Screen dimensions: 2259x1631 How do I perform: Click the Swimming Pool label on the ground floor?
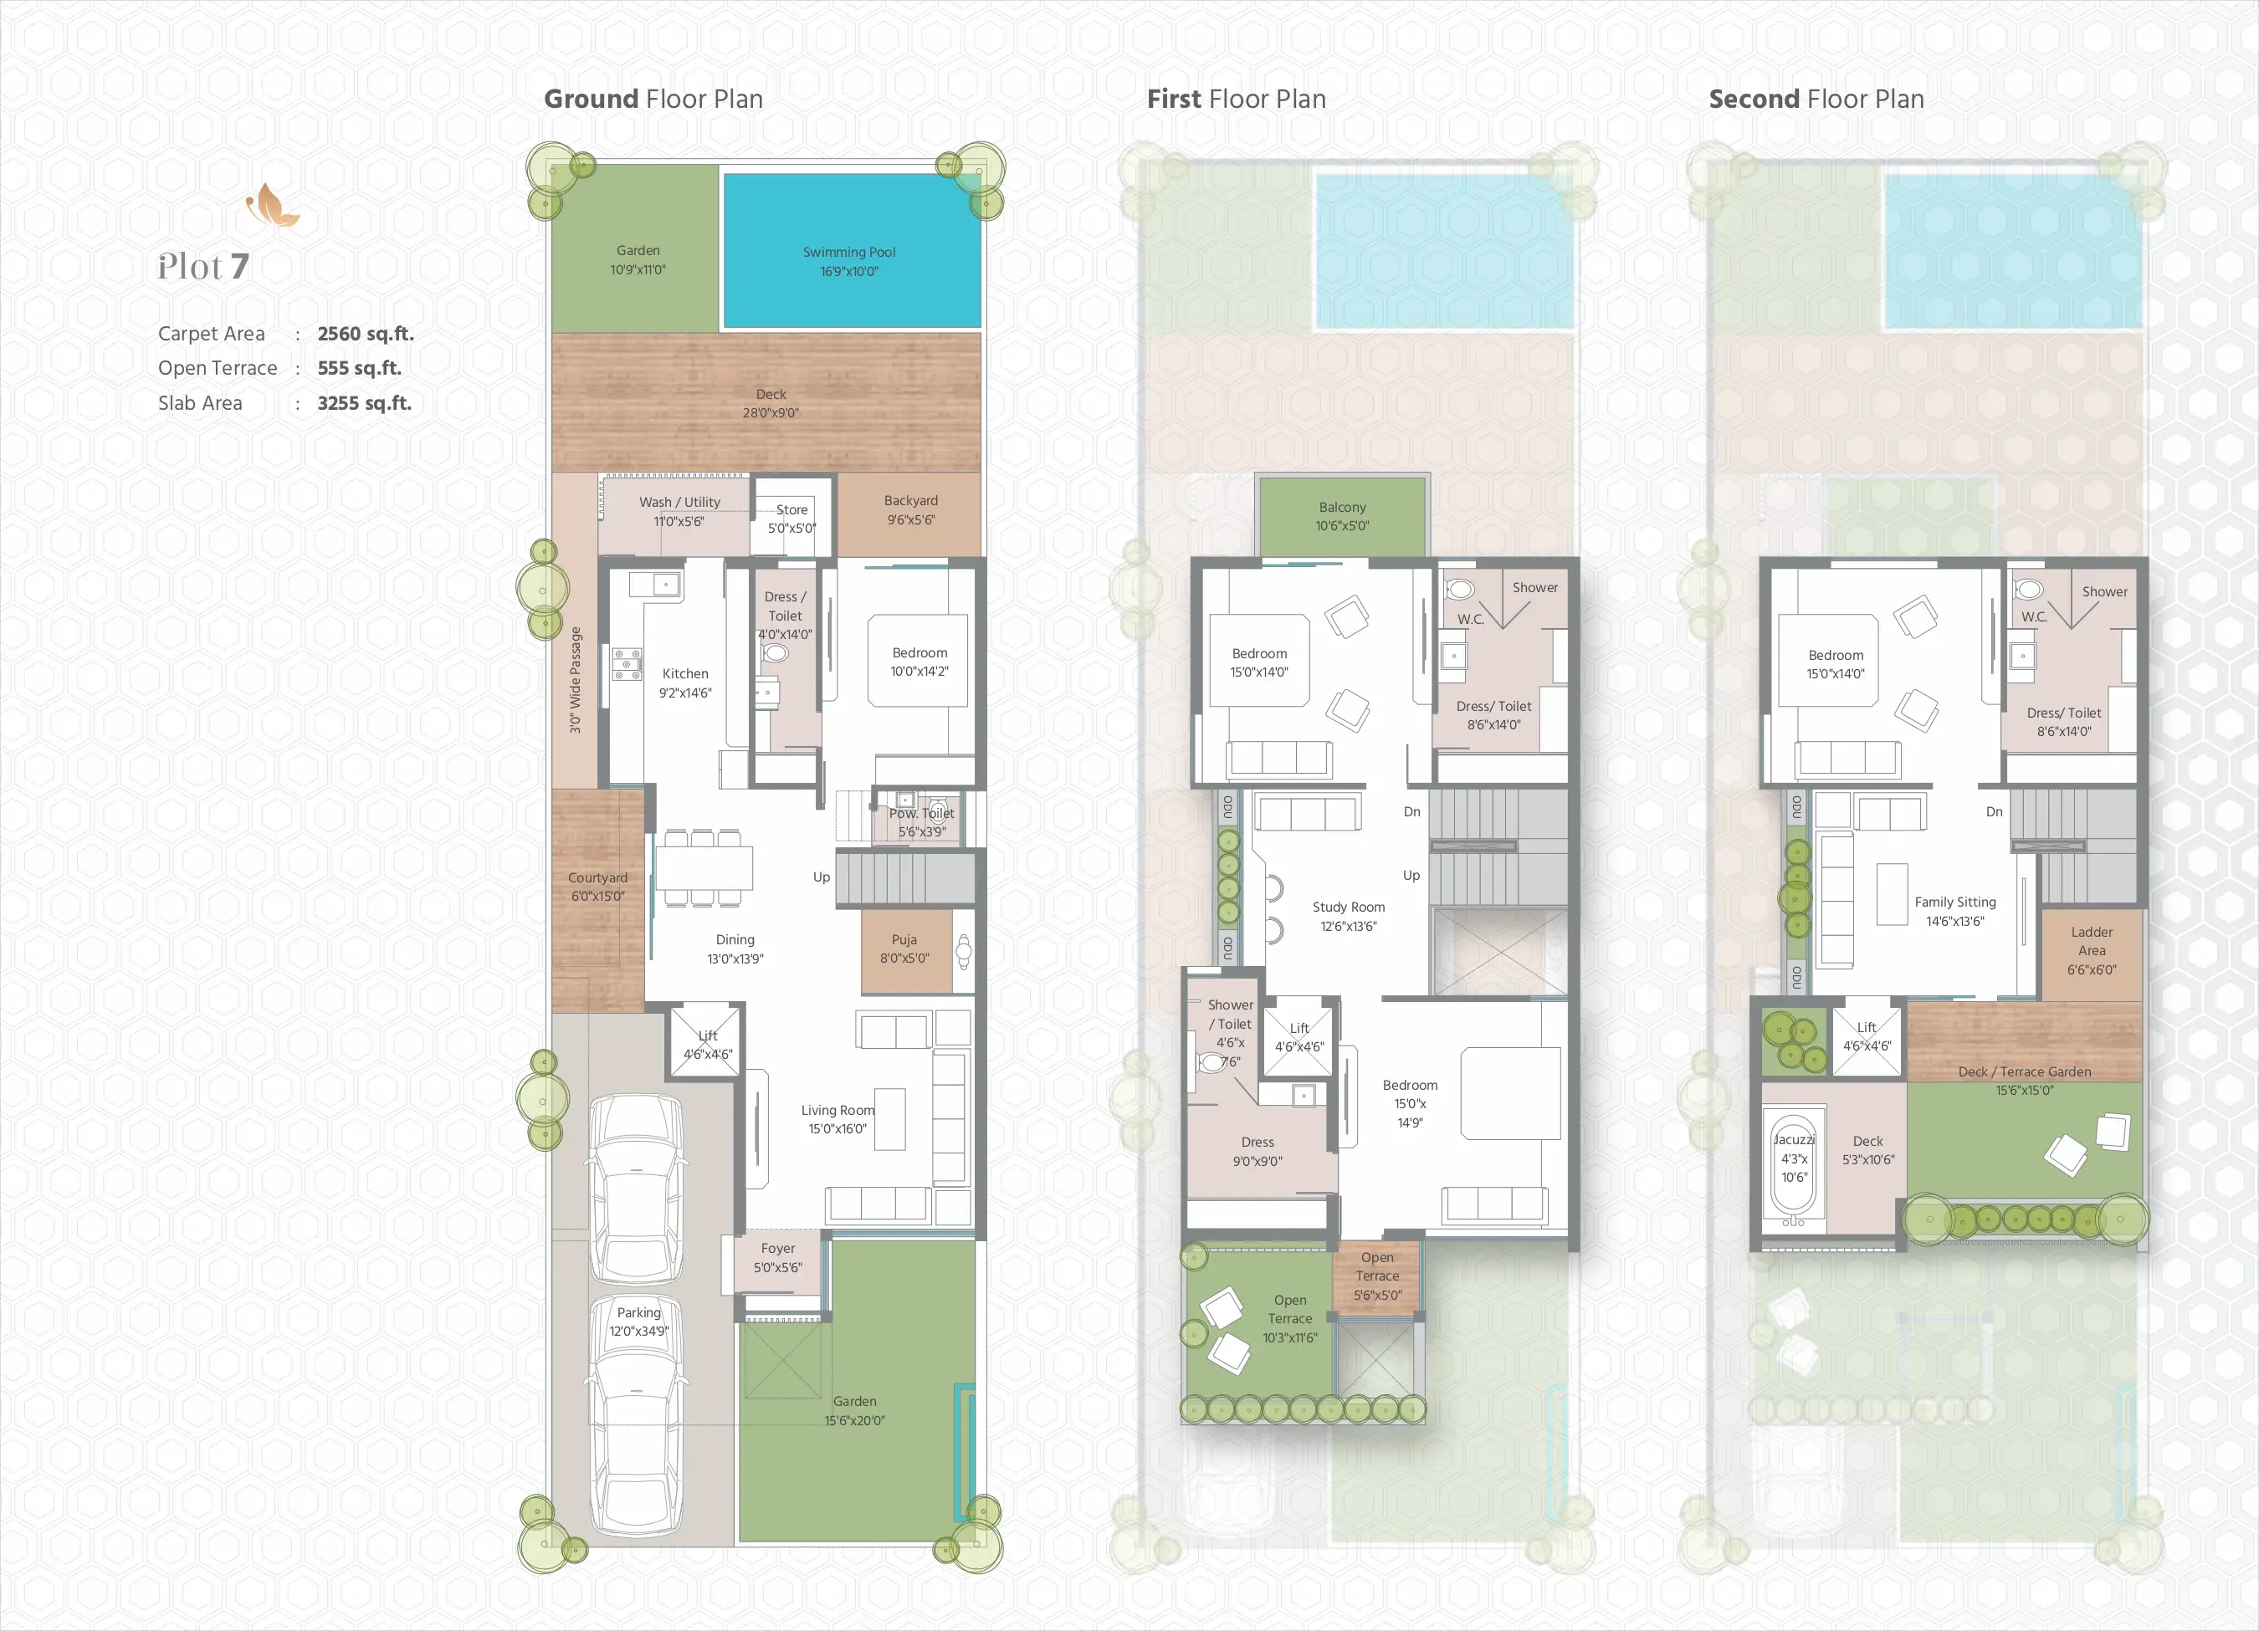[x=848, y=252]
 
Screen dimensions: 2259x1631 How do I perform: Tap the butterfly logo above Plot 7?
[x=272, y=205]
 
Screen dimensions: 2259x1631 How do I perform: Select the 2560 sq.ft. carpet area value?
[x=366, y=334]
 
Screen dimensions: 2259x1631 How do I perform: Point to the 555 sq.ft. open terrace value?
[x=360, y=368]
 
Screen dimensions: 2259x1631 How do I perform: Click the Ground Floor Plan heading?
[x=653, y=100]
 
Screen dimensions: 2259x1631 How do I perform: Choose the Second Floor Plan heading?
[x=1816, y=100]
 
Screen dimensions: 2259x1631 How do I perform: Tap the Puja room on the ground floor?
[x=905, y=951]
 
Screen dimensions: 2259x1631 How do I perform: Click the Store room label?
[x=791, y=510]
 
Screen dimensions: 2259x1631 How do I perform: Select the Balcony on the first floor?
[x=1343, y=516]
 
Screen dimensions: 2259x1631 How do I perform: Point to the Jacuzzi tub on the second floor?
[x=1794, y=1162]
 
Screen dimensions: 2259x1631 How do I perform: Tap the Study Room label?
[x=1349, y=908]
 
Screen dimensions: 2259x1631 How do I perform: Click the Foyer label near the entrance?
[x=778, y=1249]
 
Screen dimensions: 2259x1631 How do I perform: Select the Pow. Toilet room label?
[x=921, y=814]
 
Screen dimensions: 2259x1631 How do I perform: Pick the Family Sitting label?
[x=1955, y=902]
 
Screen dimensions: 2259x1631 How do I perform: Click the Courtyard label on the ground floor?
[x=597, y=878]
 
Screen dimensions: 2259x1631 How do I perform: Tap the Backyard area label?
[x=910, y=501]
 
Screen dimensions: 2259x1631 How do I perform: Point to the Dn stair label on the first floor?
[x=1412, y=811]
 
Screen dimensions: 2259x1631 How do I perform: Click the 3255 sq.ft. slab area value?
[x=365, y=403]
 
